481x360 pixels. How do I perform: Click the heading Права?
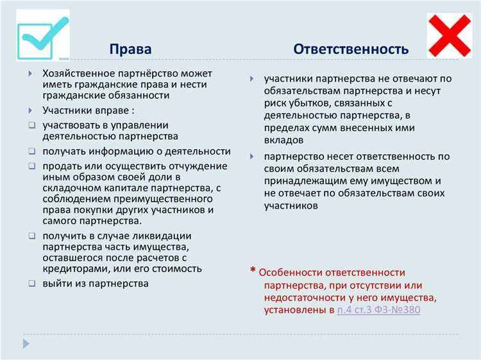click(130, 49)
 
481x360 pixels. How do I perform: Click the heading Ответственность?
click(351, 49)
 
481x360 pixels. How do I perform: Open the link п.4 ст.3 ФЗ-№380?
click(378, 311)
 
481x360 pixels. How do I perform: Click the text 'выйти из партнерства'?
click(96, 283)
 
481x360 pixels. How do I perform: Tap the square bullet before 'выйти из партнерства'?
click(31, 283)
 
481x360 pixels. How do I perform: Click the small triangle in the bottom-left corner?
click(26, 344)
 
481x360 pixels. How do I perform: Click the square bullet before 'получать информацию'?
click(31, 151)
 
